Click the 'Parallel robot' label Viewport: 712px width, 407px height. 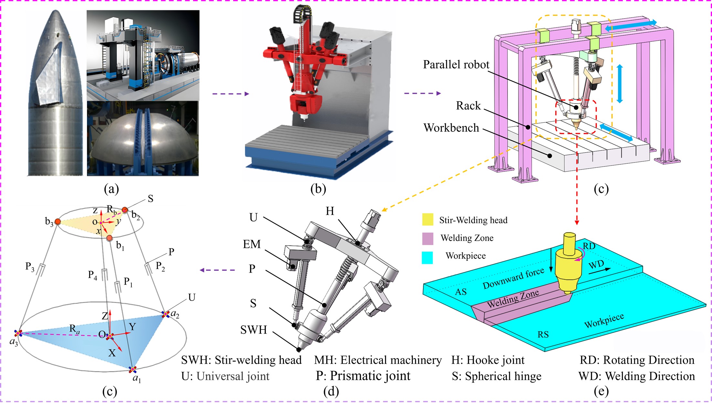click(x=456, y=65)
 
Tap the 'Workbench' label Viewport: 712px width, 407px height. click(x=451, y=128)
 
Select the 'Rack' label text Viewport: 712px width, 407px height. click(x=468, y=106)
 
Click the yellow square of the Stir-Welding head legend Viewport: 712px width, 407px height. click(x=427, y=220)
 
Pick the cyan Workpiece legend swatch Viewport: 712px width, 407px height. click(x=427, y=257)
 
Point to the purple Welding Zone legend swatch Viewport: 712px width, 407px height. click(x=427, y=238)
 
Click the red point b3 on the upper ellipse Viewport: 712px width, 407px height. click(x=58, y=222)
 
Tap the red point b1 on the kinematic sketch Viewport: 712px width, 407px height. click(x=110, y=238)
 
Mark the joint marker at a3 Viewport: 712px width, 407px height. click(x=18, y=333)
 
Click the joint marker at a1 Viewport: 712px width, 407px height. click(x=132, y=369)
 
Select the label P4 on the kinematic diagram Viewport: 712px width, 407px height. click(x=92, y=275)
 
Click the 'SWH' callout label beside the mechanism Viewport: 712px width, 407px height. click(x=254, y=330)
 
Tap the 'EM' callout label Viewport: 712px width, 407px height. click(x=252, y=244)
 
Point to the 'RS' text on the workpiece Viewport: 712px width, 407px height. click(x=543, y=334)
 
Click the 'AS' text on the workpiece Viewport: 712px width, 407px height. click(x=461, y=292)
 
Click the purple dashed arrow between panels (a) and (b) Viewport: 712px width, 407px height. click(x=231, y=94)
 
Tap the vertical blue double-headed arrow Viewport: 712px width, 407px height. click(x=619, y=84)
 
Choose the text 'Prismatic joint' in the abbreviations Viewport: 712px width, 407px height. click(x=370, y=376)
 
